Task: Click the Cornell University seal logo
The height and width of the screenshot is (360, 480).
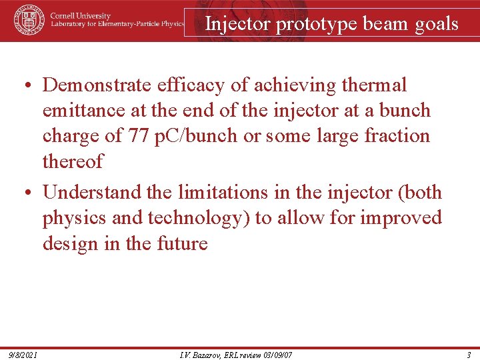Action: click(29, 20)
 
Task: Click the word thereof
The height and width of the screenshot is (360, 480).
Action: click(73, 161)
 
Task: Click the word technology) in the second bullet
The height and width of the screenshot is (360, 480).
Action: click(203, 218)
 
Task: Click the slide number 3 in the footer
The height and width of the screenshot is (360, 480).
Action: click(469, 353)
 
